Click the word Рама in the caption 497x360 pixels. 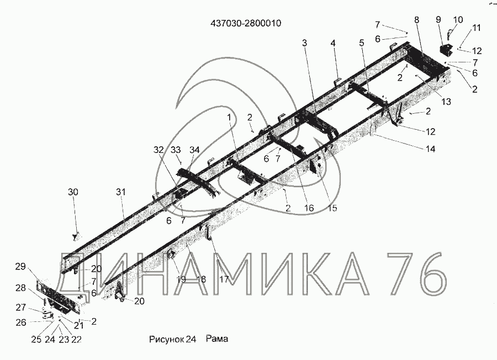(x=217, y=339)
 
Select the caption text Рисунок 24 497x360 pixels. (x=173, y=339)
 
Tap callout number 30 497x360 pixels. (x=73, y=192)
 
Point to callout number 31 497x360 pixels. (x=121, y=192)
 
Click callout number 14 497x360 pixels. (x=430, y=149)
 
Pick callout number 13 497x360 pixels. (x=446, y=101)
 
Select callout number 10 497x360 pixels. (x=458, y=20)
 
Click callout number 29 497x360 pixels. (x=20, y=267)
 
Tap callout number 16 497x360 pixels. (x=308, y=208)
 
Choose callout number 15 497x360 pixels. (x=331, y=208)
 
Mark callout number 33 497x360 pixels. (x=176, y=150)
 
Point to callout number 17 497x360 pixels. (x=224, y=279)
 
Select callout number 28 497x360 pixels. (x=20, y=288)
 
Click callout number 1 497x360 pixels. (x=229, y=117)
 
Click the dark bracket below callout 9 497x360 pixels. (x=445, y=50)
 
